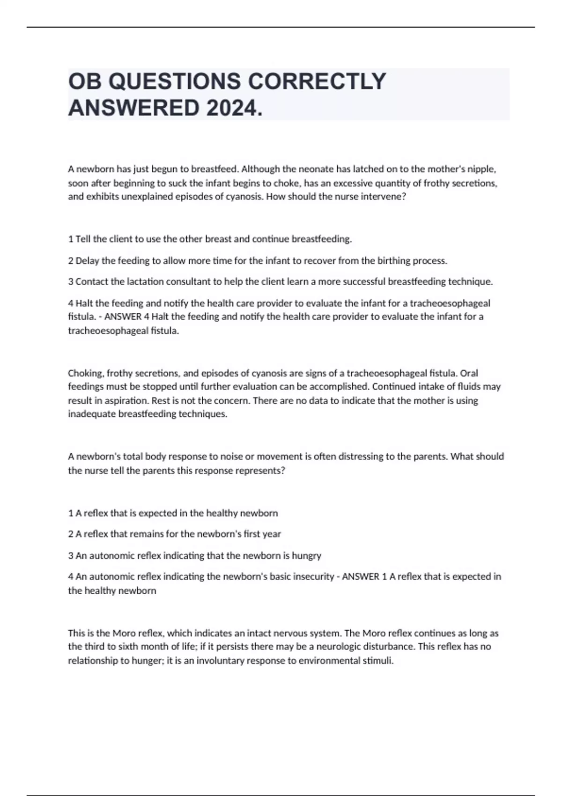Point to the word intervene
coord(384,197)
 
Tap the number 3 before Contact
coord(71,282)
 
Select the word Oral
coord(469,373)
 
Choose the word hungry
coord(306,556)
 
